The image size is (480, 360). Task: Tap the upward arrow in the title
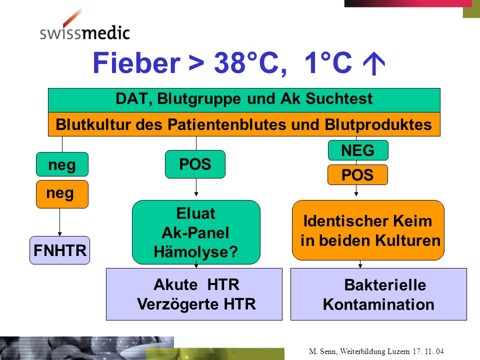374,63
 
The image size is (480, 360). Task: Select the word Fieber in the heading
136,63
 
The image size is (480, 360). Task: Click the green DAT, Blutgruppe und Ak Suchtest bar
244,100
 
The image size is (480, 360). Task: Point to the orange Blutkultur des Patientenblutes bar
244,124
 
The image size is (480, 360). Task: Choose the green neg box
62,164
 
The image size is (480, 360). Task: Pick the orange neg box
62,194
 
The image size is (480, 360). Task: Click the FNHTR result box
59,250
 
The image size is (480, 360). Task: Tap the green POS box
195,164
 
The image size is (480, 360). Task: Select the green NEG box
358,150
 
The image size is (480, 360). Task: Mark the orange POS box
357,175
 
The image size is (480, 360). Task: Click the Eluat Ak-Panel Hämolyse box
196,232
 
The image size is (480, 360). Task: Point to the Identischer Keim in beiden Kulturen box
368,230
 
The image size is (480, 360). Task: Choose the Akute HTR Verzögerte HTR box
194,294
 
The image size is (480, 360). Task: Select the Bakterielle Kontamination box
378,294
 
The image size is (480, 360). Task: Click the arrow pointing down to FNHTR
59,222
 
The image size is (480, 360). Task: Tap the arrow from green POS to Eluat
196,187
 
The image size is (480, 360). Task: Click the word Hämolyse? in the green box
196,252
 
